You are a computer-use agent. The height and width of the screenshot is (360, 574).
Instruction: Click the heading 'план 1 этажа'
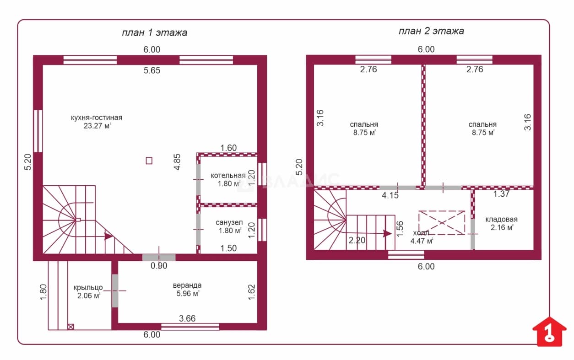tap(154, 33)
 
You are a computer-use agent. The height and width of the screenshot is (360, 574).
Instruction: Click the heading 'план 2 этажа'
tap(431, 31)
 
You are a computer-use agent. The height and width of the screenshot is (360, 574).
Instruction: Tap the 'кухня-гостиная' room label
tap(97, 118)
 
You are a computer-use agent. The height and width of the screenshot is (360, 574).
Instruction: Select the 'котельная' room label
tap(228, 175)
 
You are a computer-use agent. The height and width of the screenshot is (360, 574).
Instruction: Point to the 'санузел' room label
tap(229, 222)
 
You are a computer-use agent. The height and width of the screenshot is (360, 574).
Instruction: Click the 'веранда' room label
tap(187, 285)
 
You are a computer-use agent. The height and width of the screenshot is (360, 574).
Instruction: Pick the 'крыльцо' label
tap(88, 288)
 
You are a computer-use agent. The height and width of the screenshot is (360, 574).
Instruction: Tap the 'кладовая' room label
tap(502, 220)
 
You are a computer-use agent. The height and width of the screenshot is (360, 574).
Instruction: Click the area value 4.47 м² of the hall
tap(422, 241)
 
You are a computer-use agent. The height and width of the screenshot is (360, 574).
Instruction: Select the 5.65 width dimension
tap(152, 70)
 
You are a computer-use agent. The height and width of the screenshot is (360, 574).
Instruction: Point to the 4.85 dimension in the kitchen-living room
tap(177, 162)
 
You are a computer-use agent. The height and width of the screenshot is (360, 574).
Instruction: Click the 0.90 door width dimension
tap(159, 266)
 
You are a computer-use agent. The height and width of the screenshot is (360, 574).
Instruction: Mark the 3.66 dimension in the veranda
tap(187, 318)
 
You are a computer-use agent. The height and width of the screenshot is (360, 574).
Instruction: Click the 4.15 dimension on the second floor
tap(390, 196)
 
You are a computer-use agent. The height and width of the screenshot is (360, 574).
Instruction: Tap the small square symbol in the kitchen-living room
tap(149, 161)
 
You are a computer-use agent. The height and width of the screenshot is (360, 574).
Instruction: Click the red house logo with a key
tap(549, 332)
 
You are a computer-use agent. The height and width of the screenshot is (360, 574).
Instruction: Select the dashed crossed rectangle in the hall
tap(442, 222)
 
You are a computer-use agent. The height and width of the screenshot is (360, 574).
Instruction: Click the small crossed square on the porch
tap(71, 327)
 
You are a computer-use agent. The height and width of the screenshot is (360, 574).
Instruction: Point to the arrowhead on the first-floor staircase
tap(108, 236)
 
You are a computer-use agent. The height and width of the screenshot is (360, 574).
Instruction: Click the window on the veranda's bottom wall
tap(190, 327)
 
